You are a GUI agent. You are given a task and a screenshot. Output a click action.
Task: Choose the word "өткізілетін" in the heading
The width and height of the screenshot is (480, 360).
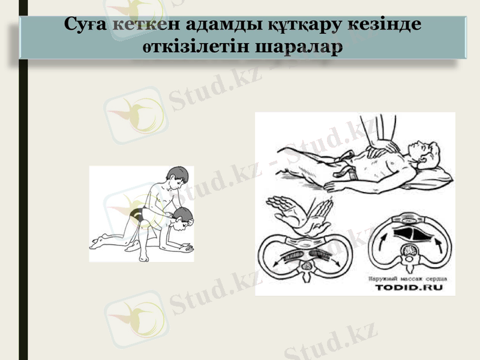pyautogui.click(x=192, y=46)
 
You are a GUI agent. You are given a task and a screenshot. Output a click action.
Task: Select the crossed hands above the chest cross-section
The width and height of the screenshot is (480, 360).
pyautogui.click(x=300, y=215)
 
